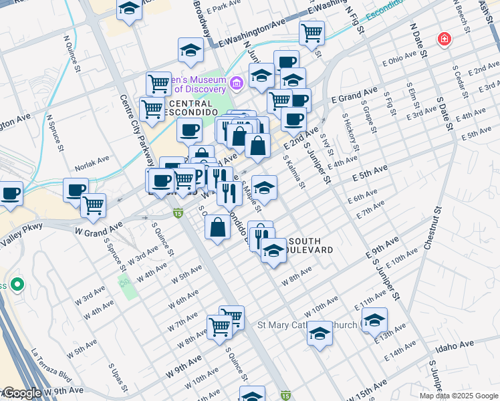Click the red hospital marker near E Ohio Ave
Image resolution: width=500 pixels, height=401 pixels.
(x=443, y=40)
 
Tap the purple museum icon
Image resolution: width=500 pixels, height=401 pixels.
(x=235, y=84)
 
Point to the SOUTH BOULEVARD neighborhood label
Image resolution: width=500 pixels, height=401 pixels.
(x=307, y=245)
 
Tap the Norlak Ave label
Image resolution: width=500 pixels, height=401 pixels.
(x=92, y=161)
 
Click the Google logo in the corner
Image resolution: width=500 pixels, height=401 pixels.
(x=21, y=393)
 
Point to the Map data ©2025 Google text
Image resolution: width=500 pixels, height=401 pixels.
(x=458, y=396)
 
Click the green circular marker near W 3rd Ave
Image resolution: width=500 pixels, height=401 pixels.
(x=17, y=285)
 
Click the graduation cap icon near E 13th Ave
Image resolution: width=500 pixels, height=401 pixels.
(x=374, y=320)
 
